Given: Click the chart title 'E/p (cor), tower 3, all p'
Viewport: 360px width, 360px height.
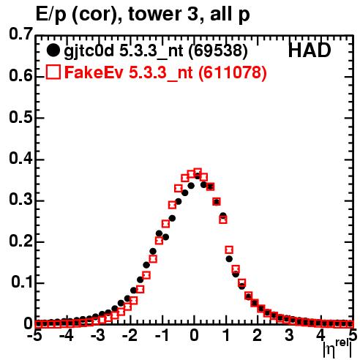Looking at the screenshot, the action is click(143, 15).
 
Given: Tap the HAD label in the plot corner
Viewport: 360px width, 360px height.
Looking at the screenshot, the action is click(310, 50).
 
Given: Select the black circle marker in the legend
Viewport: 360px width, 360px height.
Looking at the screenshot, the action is click(53, 50).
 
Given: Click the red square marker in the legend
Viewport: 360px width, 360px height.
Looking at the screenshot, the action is click(53, 72).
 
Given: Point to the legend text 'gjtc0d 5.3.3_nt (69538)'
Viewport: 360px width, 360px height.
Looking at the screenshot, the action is click(156, 51).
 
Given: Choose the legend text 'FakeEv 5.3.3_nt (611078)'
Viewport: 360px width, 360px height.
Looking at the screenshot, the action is click(166, 72).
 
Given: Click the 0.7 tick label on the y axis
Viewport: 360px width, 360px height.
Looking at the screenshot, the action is click(20, 34).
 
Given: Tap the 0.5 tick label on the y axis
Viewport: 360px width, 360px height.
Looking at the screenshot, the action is click(20, 117).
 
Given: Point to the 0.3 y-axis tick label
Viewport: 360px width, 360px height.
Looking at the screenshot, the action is click(20, 200).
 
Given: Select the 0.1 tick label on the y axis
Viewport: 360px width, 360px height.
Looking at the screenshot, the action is click(21, 282).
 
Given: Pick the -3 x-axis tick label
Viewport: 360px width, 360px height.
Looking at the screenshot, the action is click(98, 336).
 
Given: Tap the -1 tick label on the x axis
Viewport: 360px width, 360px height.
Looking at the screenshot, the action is click(162, 336).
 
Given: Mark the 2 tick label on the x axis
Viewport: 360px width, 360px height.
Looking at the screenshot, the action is click(257, 336).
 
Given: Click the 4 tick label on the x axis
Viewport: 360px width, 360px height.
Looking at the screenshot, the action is click(320, 336).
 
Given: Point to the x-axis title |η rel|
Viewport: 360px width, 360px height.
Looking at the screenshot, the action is click(338, 348).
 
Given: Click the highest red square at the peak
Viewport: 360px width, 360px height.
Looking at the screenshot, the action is click(198, 173).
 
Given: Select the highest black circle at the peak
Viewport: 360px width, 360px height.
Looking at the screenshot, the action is click(198, 176).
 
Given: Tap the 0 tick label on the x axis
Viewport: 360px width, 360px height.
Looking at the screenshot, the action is click(194, 336).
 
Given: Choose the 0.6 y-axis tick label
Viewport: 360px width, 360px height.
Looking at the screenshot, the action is click(20, 76).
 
